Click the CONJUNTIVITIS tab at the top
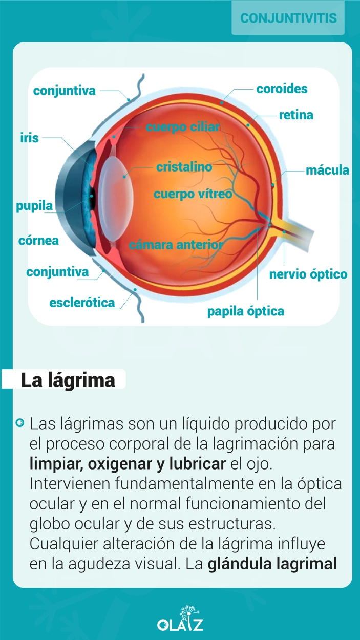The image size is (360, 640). [x=288, y=18]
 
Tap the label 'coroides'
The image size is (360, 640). [x=282, y=89]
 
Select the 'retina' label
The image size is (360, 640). [x=296, y=115]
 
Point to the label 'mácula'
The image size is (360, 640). [x=327, y=170]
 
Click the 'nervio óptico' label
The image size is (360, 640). [x=308, y=274]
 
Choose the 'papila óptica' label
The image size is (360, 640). [x=246, y=311]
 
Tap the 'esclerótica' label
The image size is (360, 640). [x=82, y=303]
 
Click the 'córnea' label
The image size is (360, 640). [x=38, y=241]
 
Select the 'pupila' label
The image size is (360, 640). [x=35, y=206]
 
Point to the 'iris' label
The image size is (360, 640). [x=29, y=138]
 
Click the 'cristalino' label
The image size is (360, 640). [x=184, y=167]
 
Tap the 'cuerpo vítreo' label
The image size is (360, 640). [x=193, y=194]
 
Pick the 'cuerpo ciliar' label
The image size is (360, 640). [x=183, y=127]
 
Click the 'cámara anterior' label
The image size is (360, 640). [x=176, y=245]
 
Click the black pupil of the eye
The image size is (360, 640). [x=92, y=197]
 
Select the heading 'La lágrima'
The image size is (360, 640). [x=68, y=380]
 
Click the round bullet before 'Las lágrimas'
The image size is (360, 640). [x=19, y=422]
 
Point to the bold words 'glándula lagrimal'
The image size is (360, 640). [x=272, y=564]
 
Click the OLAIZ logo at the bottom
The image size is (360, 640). [x=180, y=617]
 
